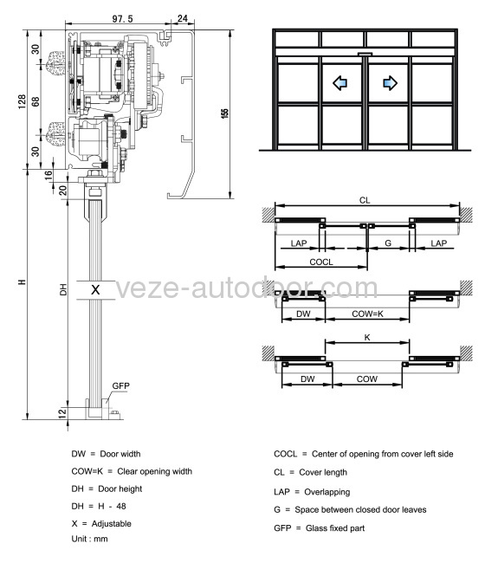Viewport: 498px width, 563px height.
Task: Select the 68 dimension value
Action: coord(36,103)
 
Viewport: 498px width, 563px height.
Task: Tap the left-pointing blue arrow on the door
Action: coord(340,83)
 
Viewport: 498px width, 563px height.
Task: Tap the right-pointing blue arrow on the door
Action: coord(390,83)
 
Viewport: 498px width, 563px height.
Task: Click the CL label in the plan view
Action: coord(365,200)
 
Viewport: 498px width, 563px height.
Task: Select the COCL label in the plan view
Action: coord(321,262)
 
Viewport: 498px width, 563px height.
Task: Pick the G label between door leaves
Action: coord(388,245)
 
